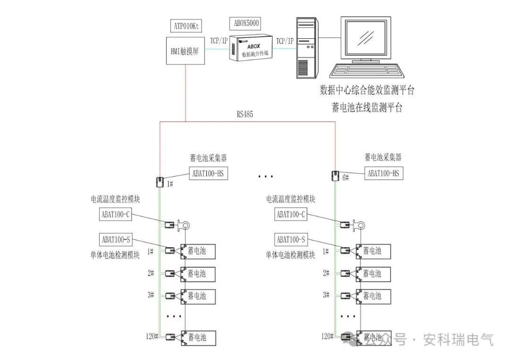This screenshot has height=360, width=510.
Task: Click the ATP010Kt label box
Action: [186, 26]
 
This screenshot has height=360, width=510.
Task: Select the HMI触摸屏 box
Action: [186, 50]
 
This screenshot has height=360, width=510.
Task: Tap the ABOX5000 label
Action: [246, 24]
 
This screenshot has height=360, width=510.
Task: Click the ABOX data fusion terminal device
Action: [250, 48]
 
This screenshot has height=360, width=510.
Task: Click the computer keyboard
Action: [366, 71]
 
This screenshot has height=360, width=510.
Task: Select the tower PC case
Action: [307, 48]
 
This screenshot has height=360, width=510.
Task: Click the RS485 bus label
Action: [245, 114]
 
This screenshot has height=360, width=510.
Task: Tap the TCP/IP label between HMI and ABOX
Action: [219, 41]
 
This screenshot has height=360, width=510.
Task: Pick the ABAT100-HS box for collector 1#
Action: [208, 173]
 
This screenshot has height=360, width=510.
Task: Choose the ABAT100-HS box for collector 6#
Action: [383, 173]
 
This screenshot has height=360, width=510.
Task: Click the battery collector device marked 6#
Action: [335, 176]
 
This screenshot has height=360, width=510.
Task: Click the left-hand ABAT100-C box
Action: [116, 214]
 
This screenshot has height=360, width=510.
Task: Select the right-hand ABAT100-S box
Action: [291, 240]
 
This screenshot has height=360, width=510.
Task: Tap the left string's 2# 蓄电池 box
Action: [198, 274]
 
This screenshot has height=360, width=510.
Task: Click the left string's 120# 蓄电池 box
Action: [198, 337]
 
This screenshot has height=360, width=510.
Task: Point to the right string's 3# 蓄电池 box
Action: [374, 296]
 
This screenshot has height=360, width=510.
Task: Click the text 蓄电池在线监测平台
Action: [367, 107]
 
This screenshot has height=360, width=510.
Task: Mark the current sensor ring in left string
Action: [185, 225]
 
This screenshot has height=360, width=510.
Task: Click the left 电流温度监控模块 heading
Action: [115, 199]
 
